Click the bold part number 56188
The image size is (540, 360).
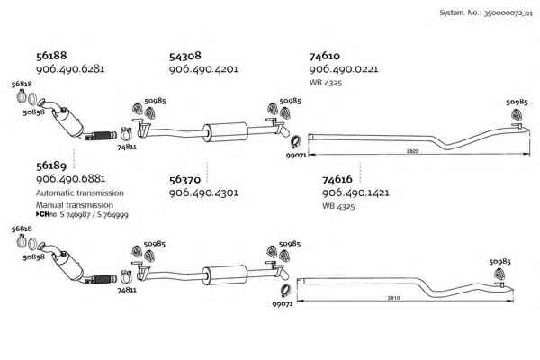pyautogui.click(x=51, y=56)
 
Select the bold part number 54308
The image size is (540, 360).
pyautogui.click(x=184, y=56)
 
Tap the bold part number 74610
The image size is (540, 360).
pyautogui.click(x=324, y=56)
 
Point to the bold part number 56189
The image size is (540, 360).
pyautogui.click(x=51, y=166)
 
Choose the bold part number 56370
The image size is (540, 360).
pyautogui.click(x=184, y=180)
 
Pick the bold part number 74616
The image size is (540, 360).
pyautogui.click(x=337, y=179)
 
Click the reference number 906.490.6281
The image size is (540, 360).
pyautogui.click(x=70, y=69)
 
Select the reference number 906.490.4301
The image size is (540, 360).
pyautogui.click(x=203, y=193)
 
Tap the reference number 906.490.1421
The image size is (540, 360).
pyautogui.click(x=355, y=193)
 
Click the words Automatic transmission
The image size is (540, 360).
pyautogui.click(x=80, y=193)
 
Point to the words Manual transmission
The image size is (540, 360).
pyautogui.click(x=75, y=205)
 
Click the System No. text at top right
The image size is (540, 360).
pyautogui.click(x=486, y=13)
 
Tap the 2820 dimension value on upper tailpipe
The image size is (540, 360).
pyautogui.click(x=412, y=151)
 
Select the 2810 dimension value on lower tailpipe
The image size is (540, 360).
pyautogui.click(x=393, y=298)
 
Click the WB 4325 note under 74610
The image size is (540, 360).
pyautogui.click(x=326, y=83)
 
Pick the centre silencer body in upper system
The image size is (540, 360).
pyautogui.click(x=225, y=131)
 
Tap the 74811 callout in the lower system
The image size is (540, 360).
pyautogui.click(x=127, y=290)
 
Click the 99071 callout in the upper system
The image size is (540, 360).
pyautogui.click(x=296, y=155)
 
